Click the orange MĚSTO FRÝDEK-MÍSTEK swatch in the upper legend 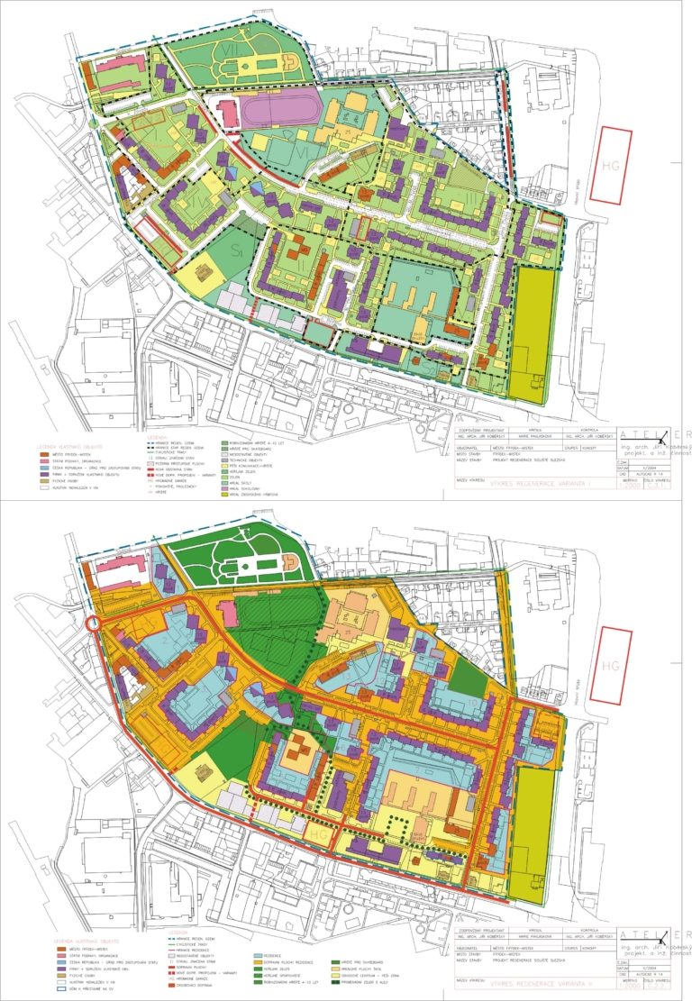48,455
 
